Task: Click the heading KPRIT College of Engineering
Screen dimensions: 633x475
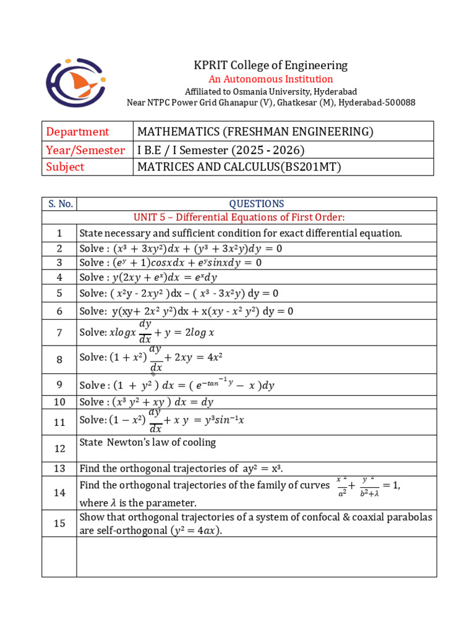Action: coord(271,65)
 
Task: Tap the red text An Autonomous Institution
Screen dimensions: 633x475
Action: coord(270,79)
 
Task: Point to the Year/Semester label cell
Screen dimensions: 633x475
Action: coord(86,150)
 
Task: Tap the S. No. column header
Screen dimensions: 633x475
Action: coord(59,203)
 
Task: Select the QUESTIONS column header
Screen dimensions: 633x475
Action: coord(256,203)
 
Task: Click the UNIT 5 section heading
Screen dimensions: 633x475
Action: coord(239,218)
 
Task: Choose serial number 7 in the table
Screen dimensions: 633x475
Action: coord(59,333)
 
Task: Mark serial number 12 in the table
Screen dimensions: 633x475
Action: coord(59,448)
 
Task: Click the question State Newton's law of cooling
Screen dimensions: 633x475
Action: coord(148,442)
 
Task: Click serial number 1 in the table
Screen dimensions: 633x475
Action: coord(59,233)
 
